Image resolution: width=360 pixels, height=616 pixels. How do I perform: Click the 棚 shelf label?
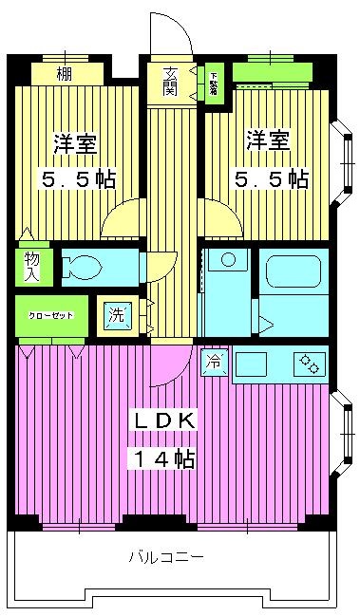64,74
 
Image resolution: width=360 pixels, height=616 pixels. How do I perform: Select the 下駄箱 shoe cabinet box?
214,83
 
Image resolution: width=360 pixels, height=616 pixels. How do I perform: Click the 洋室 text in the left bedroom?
76,144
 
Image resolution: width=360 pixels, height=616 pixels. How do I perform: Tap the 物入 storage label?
31,266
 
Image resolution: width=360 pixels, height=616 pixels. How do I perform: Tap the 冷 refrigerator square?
214,362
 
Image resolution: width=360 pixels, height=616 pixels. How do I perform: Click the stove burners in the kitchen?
310,363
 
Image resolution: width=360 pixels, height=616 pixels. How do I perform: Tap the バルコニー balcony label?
165,557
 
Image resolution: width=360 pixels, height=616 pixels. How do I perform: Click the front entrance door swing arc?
175,36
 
